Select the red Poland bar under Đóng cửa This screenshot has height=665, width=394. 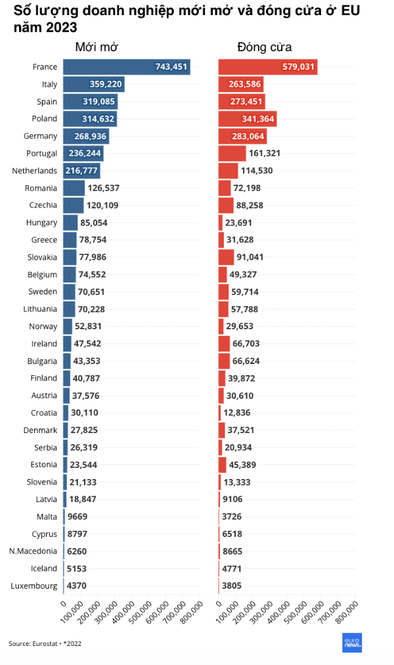tap(247, 119)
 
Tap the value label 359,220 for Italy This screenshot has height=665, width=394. tap(106, 84)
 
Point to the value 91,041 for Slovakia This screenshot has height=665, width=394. tap(250, 257)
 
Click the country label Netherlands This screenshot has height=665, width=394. tap(34, 171)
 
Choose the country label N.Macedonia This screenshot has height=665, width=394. tap(33, 551)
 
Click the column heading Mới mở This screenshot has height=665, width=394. tap(97, 47)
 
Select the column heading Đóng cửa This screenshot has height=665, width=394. tap(264, 47)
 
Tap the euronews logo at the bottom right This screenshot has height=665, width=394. tap(352, 642)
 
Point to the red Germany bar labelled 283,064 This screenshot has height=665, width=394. tap(242, 136)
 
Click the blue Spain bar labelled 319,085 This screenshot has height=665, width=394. tap(90, 102)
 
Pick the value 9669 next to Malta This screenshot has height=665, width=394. tap(78, 516)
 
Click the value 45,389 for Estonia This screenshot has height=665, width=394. tap(242, 465)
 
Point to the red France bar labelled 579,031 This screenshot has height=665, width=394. tap(267, 66)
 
